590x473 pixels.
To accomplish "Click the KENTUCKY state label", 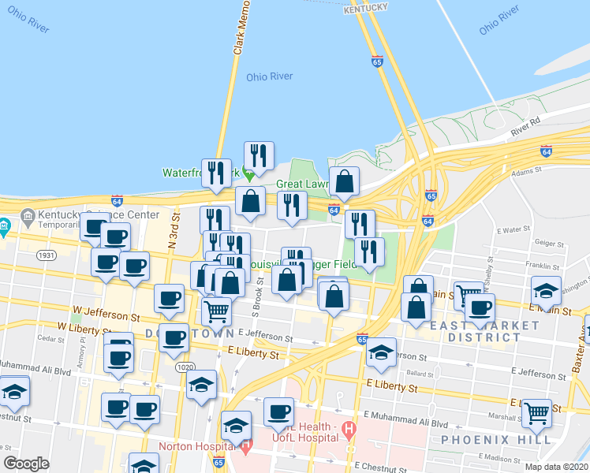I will [x=366, y=7].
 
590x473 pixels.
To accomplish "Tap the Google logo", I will [x=26, y=464].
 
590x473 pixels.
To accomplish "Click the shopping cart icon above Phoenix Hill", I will [x=537, y=412].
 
